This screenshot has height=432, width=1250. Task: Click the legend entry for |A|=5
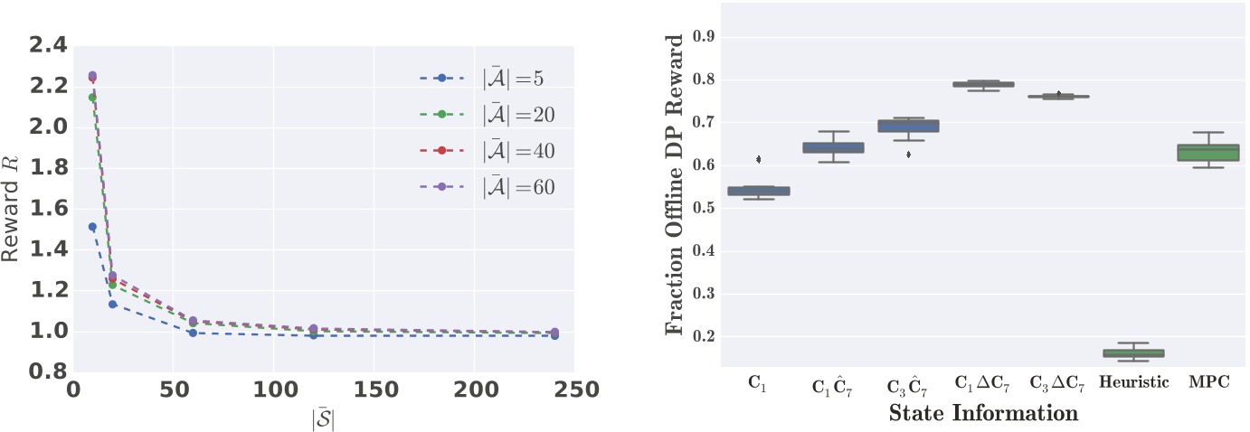493,79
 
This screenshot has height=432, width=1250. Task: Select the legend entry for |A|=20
493,115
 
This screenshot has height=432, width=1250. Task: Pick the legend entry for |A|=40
493,151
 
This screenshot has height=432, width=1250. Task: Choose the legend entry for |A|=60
493,187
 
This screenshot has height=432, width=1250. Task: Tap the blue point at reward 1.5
92,227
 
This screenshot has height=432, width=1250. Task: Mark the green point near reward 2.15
92,98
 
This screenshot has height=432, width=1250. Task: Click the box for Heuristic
1132,353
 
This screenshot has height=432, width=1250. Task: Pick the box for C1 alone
759,191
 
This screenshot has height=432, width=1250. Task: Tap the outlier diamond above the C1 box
759,159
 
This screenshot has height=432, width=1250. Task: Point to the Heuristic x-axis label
1133,382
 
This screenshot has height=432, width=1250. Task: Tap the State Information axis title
983,413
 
